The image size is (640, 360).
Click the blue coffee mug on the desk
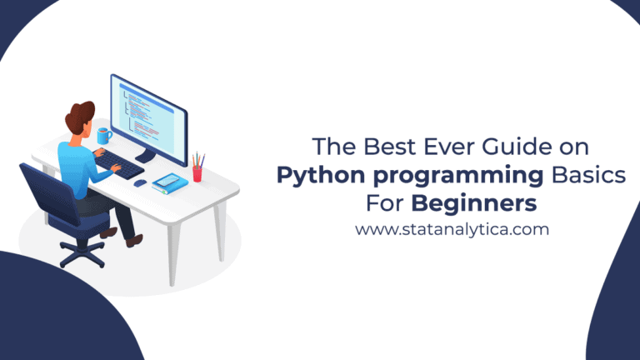point(104,135)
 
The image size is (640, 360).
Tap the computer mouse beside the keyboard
point(139,182)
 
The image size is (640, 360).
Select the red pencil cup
point(197,172)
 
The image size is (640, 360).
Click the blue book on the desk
point(169,180)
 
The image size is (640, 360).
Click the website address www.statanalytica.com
point(452,228)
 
